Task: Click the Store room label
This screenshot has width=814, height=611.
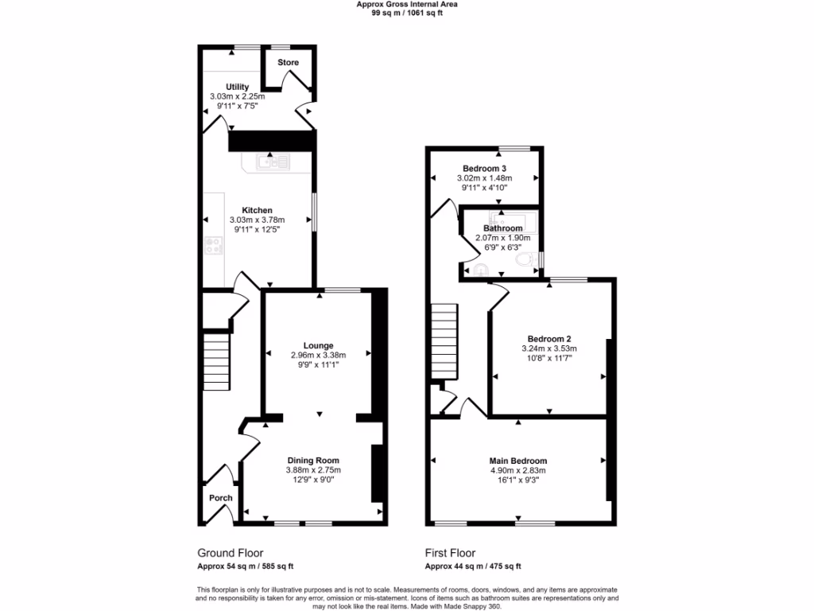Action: point(288,63)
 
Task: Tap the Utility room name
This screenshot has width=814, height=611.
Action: point(237,87)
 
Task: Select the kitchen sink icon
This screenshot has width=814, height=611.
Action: point(273,162)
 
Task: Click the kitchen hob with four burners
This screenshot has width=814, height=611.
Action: point(214,246)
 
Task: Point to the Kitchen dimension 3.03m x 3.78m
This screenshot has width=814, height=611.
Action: point(257,220)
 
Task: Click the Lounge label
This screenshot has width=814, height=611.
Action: point(317,345)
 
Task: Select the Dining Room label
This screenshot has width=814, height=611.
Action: point(313,460)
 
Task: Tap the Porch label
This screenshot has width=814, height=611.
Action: point(220,498)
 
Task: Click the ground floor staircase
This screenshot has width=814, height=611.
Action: point(215,362)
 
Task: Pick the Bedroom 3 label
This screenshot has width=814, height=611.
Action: point(485,169)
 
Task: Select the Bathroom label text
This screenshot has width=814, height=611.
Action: point(503,228)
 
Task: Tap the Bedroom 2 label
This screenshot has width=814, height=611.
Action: point(548,338)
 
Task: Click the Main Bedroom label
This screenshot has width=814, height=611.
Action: point(517,461)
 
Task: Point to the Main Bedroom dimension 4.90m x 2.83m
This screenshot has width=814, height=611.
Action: point(517,470)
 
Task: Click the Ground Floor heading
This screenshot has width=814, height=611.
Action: point(230,553)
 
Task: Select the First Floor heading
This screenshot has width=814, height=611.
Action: point(450,553)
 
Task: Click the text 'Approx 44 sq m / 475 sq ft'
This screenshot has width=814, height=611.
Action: point(473,566)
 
